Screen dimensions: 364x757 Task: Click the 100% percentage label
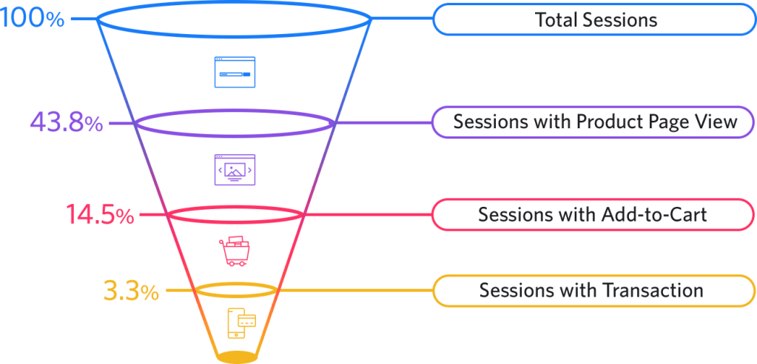[33, 18]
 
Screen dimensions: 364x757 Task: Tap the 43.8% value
[66, 122]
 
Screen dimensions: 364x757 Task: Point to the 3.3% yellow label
[131, 291]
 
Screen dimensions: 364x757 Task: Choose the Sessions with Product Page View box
[595, 122]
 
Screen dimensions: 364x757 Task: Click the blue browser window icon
[234, 72]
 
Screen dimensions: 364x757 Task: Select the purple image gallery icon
[234, 170]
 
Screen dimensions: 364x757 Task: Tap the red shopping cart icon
[234, 250]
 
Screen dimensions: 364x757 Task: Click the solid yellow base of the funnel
[237, 357]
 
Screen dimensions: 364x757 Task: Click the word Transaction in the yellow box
[658, 290]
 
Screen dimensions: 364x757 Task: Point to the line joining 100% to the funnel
[83, 18]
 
